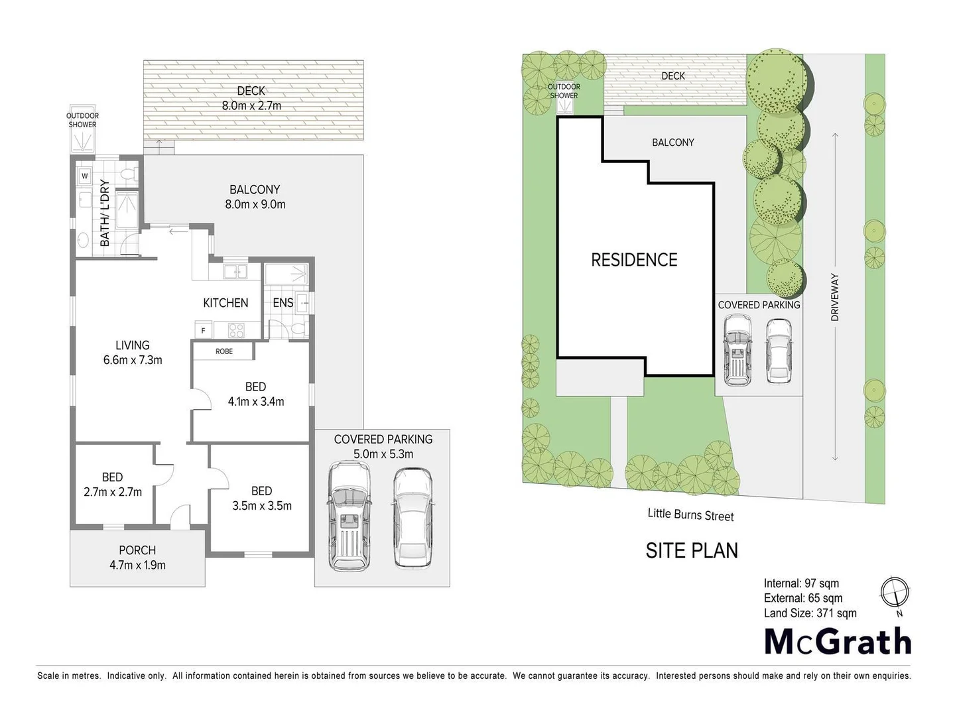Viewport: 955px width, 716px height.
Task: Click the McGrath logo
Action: [x=838, y=641]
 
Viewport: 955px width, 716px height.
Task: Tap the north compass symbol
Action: [x=895, y=592]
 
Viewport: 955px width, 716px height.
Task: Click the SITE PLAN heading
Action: [x=692, y=550]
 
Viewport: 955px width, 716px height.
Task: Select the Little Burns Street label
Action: [x=690, y=514]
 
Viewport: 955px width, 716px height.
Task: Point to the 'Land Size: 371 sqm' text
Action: [x=810, y=613]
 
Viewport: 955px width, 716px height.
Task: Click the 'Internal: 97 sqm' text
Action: [x=801, y=583]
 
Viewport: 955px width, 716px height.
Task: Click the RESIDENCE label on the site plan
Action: [x=634, y=260]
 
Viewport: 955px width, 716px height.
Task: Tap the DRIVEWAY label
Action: [x=835, y=298]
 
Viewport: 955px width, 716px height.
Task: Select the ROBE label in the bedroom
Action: [x=224, y=351]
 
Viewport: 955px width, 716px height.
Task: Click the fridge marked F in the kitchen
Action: [x=203, y=330]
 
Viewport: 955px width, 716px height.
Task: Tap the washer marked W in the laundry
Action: [x=85, y=176]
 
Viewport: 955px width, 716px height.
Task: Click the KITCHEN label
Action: [x=225, y=303]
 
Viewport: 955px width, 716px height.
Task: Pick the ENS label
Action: [x=283, y=303]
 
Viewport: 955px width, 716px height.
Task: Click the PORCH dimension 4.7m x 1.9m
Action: [x=137, y=566]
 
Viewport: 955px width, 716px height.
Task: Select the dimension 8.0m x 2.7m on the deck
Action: [x=251, y=105]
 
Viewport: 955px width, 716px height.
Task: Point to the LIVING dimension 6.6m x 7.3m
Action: [x=133, y=360]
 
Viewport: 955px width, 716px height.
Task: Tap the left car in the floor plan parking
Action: [x=349, y=516]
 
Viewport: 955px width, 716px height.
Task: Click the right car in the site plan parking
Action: [x=778, y=351]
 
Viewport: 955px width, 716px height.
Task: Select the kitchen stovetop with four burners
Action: [x=236, y=329]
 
